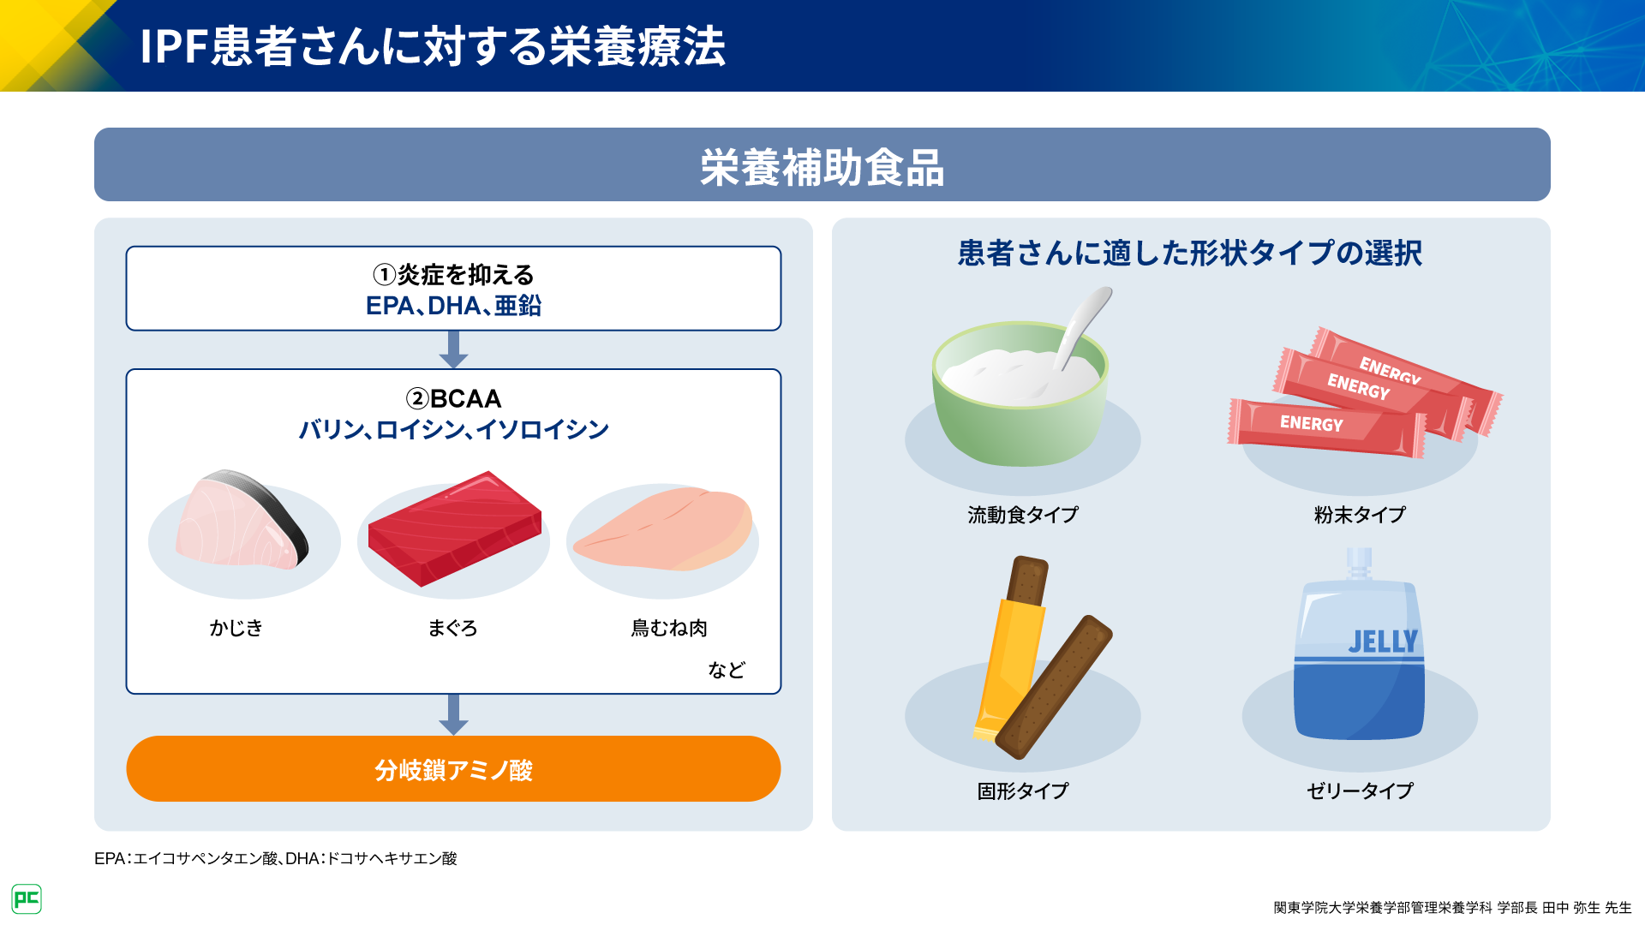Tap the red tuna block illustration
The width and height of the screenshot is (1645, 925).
pos(454,528)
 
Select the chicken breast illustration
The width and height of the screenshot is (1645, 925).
pos(664,528)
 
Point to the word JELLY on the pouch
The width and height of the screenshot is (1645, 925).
pos(1383,642)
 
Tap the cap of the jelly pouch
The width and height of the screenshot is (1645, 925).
pos(1360,563)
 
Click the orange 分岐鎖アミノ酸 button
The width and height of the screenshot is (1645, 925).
pos(453,769)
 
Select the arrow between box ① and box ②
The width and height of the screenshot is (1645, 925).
pos(453,349)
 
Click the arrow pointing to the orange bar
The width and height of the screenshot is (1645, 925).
pos(453,714)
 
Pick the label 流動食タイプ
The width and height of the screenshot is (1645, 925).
pos(1023,515)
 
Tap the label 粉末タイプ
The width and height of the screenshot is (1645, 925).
pos(1360,515)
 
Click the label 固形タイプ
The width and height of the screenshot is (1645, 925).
pos(1023,791)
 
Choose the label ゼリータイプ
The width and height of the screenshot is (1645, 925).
pos(1360,791)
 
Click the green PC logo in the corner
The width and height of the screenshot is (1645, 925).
pos(27,898)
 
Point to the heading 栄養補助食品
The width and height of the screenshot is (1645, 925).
pos(822,167)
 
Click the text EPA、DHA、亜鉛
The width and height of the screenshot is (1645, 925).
pos(453,306)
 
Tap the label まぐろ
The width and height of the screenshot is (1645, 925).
pos(452,628)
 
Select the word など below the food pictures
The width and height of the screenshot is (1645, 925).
pos(727,670)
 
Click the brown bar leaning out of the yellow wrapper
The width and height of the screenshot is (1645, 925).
pos(1054,687)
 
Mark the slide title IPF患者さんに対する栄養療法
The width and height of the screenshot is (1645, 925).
pos(433,46)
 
